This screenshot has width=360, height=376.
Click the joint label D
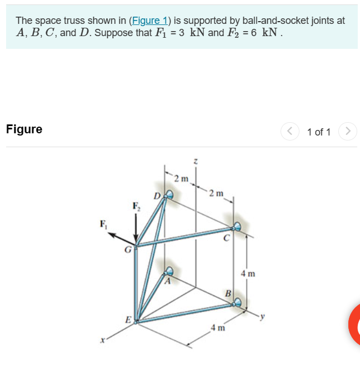pyautogui.click(x=157, y=195)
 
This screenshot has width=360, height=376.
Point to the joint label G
pyautogui.click(x=127, y=250)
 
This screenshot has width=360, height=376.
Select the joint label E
pyautogui.click(x=128, y=320)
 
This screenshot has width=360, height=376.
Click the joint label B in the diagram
pyautogui.click(x=227, y=293)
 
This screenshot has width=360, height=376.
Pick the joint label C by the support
pyautogui.click(x=226, y=239)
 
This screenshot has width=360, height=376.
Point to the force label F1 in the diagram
pyautogui.click(x=102, y=224)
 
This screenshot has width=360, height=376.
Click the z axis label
pyautogui.click(x=195, y=162)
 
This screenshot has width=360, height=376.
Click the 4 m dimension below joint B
pyautogui.click(x=217, y=327)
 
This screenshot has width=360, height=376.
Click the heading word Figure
pyautogui.click(x=24, y=129)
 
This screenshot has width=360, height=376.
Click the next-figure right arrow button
pyautogui.click(x=347, y=132)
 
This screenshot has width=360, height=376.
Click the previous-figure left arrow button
pyautogui.click(x=290, y=132)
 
